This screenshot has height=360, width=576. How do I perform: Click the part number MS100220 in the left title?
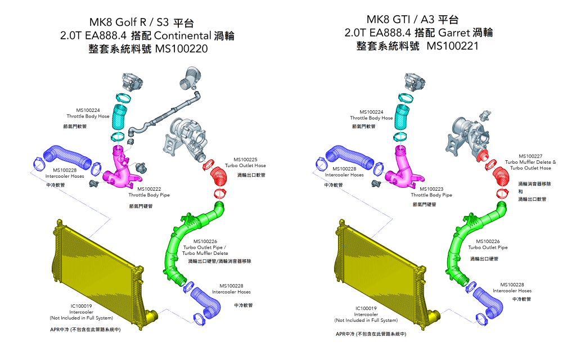pos(182,48)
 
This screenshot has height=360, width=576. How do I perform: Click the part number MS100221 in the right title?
pos(453,46)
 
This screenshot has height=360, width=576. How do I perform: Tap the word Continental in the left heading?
pos(182,35)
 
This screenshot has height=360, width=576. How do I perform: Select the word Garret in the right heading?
pos(454,33)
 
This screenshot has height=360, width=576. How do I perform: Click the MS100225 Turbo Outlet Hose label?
pos(245,163)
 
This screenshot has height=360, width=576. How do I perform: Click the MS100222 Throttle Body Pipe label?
pos(149,192)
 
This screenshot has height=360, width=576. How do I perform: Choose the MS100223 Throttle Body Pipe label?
pos(431,192)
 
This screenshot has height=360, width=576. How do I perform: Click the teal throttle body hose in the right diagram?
pos(402,116)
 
